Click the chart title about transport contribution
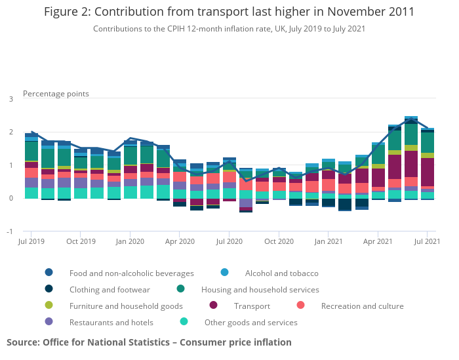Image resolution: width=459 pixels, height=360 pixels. coord(229,12)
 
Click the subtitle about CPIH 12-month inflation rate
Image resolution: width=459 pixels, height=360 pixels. coord(229,29)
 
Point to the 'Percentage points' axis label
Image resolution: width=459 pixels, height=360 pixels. coord(56,94)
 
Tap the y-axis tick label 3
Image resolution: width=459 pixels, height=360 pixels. coord(10,99)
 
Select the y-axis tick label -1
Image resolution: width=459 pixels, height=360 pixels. coord(10,231)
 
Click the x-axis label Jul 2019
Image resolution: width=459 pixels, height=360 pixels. coord(31,241)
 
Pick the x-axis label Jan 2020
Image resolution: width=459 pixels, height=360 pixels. coord(130,241)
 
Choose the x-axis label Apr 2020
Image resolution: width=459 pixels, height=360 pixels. coord(180,241)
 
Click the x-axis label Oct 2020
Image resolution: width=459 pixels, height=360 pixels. coord(279,241)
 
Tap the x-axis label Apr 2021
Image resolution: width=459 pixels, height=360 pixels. coord(378,241)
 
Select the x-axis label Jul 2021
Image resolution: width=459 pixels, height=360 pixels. coord(427,241)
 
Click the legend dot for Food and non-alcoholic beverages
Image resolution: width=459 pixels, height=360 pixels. coord(49,273)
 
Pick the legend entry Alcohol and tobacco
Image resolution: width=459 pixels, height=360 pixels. coord(281,273)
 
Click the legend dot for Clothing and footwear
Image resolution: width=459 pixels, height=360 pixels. coord(49,289)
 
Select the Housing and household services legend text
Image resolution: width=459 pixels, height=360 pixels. coord(260,289)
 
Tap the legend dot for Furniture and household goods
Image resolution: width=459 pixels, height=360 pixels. coord(49,306)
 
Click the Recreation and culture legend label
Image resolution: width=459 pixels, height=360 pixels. coord(362,306)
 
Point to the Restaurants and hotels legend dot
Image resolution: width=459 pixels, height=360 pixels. coord(49,322)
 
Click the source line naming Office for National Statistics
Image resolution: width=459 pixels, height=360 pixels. coord(149,342)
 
